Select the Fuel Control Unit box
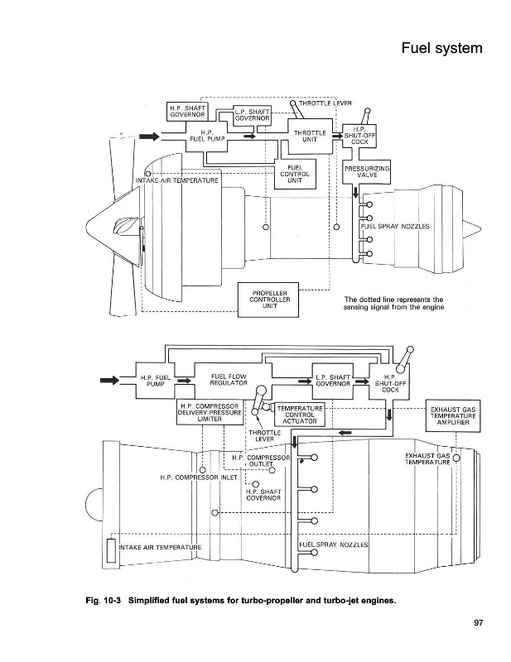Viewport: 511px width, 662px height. [295, 174]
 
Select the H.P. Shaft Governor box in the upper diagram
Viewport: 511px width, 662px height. [188, 111]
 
